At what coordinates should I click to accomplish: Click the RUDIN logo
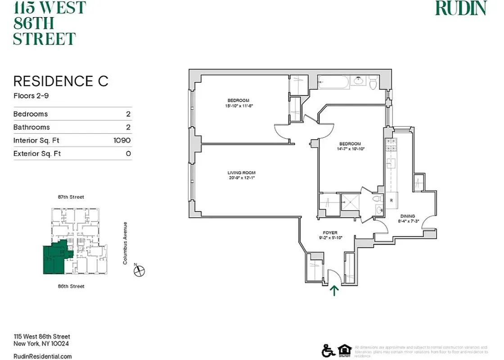coord(461,8)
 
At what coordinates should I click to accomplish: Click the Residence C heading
coord(61,81)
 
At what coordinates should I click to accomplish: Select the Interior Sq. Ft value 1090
coord(122,140)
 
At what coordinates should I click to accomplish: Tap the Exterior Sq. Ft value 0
coord(128,154)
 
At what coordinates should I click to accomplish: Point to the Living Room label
coord(242,173)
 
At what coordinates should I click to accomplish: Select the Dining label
coord(406,216)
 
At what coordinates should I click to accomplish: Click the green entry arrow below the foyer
coord(334,290)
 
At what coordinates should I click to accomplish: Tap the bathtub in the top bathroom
coord(333,82)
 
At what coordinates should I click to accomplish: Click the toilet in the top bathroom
coord(373,83)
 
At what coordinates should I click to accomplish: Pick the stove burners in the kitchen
coord(390,145)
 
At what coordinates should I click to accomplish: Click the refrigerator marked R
coord(391,199)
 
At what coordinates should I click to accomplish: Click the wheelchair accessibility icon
coord(328,350)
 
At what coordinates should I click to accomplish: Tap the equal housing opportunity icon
coord(344,350)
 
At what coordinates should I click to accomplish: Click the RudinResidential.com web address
coord(42,356)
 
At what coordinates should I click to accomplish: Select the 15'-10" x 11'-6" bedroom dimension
coord(238,106)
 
